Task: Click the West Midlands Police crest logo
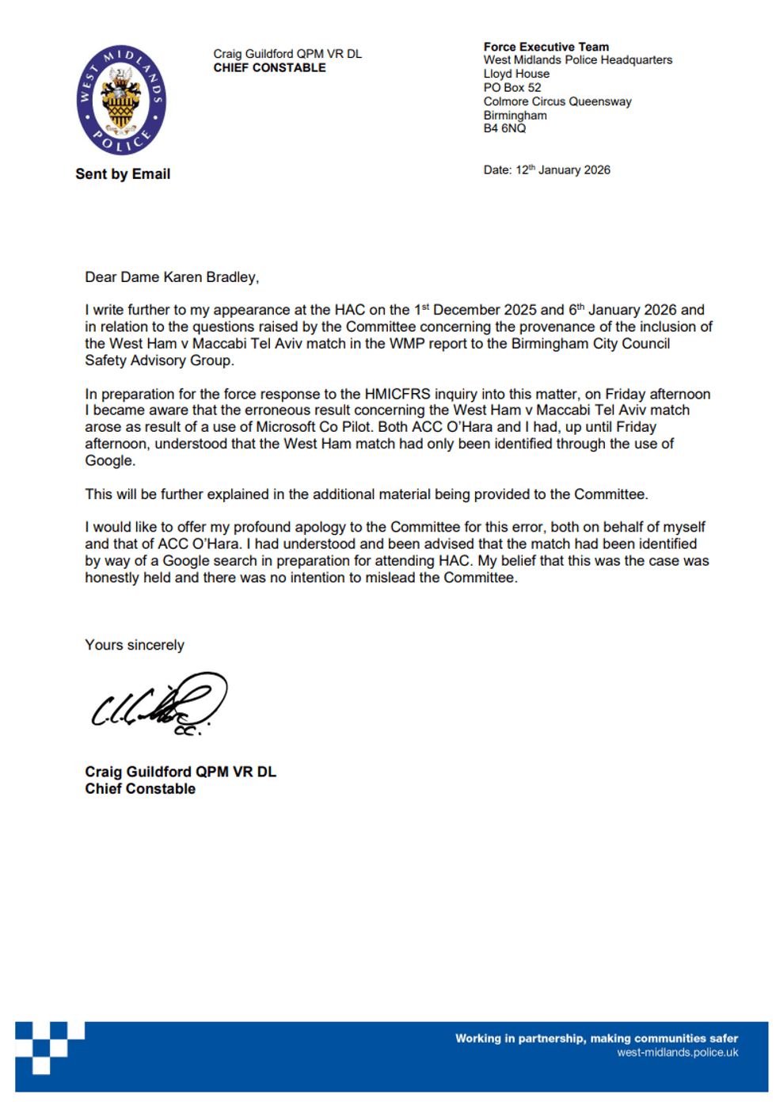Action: [121, 100]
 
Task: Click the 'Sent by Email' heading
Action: [123, 174]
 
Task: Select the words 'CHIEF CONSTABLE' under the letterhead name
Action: [269, 68]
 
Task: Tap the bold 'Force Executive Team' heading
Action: [546, 47]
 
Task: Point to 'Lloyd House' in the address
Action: [516, 74]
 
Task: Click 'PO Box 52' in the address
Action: [512, 88]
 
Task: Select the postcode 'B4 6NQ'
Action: [504, 128]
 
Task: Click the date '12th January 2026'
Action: [563, 170]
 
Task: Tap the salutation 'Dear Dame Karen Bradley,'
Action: [172, 277]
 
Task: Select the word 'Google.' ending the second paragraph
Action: [110, 461]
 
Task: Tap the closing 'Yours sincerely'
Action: [135, 646]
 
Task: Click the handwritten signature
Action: [158, 704]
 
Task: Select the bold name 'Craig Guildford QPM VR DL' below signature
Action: [181, 772]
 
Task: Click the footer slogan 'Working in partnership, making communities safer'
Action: [596, 1039]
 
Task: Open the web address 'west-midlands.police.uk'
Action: [677, 1053]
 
